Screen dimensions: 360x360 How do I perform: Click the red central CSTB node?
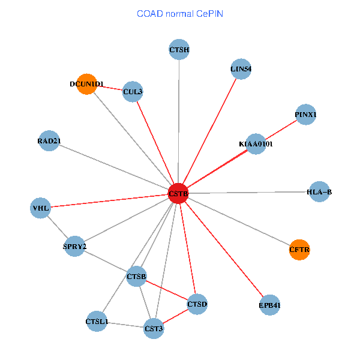pyautogui.click(x=179, y=193)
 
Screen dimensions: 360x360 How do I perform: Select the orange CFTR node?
pyautogui.click(x=299, y=250)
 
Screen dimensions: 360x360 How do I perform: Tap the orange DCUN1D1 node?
pyautogui.click(x=87, y=84)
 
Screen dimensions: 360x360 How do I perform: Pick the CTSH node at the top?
pyautogui.click(x=179, y=49)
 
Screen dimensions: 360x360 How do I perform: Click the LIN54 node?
pyautogui.click(x=241, y=68)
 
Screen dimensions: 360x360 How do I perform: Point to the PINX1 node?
pyautogui.click(x=306, y=115)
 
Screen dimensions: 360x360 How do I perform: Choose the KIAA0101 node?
pyautogui.click(x=256, y=144)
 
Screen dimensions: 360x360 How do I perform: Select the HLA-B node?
pyautogui.click(x=319, y=192)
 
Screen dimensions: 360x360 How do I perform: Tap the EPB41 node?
pyautogui.click(x=270, y=305)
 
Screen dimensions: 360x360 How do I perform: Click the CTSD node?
pyautogui.click(x=197, y=304)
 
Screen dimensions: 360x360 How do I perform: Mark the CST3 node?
pyautogui.click(x=154, y=328)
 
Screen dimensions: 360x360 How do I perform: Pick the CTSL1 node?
pyautogui.click(x=97, y=322)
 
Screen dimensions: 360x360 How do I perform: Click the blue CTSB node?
pyautogui.click(x=137, y=276)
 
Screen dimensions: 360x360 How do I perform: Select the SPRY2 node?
pyautogui.click(x=75, y=246)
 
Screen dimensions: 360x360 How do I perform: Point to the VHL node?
pyautogui.click(x=41, y=208)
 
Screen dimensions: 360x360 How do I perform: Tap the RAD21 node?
pyautogui.click(x=49, y=141)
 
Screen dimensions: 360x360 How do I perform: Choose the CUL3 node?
pyautogui.click(x=132, y=92)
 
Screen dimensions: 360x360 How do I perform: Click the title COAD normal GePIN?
pyautogui.click(x=180, y=13)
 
